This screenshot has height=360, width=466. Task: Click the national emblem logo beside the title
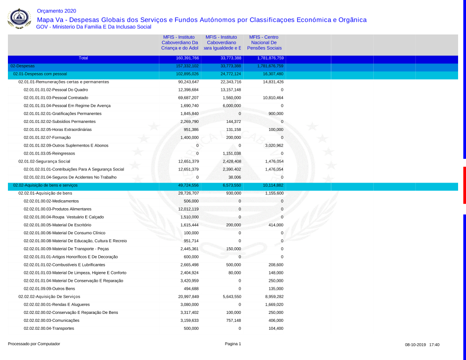[19, 19]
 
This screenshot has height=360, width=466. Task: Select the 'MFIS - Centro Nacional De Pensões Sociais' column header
[264, 42]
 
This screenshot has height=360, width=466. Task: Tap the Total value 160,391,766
[187, 58]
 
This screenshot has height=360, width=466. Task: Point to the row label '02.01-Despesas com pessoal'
[40, 74]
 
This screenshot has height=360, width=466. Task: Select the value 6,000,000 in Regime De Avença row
[231, 106]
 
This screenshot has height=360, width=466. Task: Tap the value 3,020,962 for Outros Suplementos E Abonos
[272, 146]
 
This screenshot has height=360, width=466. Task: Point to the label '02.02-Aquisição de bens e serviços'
[45, 185]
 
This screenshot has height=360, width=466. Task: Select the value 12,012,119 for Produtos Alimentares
[188, 209]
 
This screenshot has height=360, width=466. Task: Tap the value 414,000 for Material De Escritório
[275, 225]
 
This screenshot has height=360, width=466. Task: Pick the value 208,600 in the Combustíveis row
[275, 265]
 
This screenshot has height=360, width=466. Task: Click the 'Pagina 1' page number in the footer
[233, 344]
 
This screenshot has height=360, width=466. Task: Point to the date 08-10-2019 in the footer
[414, 345]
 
